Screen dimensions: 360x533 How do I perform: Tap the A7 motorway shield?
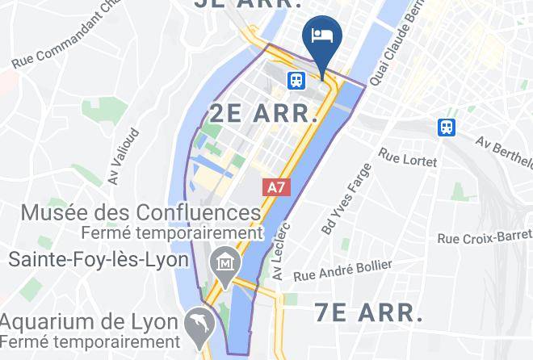(276, 186)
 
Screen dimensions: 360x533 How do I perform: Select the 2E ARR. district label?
(263, 113)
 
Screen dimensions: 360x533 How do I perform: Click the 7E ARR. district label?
(367, 311)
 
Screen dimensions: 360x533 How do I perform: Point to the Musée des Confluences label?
(141, 213)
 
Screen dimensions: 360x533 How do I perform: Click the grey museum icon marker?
(220, 262)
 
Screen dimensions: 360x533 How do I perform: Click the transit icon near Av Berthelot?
(446, 127)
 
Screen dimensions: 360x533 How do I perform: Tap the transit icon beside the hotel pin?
(296, 79)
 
